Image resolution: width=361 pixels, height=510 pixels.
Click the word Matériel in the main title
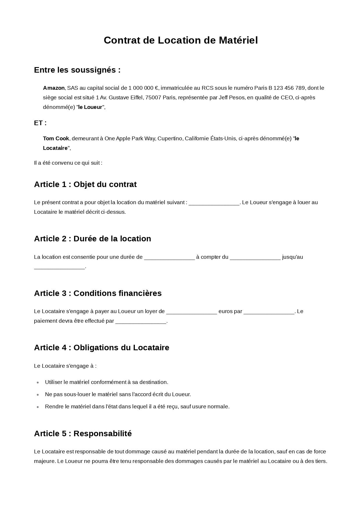(x=238, y=40)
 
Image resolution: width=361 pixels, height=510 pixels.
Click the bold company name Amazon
(x=54, y=88)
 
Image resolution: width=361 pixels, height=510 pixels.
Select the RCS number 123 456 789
(x=289, y=88)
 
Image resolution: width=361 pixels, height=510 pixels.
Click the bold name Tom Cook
(x=56, y=139)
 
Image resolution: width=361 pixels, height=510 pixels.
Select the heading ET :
(x=40, y=123)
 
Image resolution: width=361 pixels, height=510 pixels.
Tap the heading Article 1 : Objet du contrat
(x=85, y=184)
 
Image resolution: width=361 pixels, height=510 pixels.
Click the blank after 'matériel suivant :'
(x=214, y=203)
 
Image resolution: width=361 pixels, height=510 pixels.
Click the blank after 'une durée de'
(x=169, y=257)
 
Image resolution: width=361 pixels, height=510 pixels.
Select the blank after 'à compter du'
(x=255, y=257)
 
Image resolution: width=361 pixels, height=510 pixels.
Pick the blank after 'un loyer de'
(x=191, y=312)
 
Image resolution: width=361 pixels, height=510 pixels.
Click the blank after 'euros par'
(x=269, y=312)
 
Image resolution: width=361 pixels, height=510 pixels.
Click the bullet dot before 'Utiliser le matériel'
(x=38, y=382)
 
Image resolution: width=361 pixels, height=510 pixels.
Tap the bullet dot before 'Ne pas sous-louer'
(x=38, y=395)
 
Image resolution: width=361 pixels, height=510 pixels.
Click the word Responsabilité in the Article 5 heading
(x=102, y=434)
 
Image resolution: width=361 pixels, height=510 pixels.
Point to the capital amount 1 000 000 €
(x=143, y=88)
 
